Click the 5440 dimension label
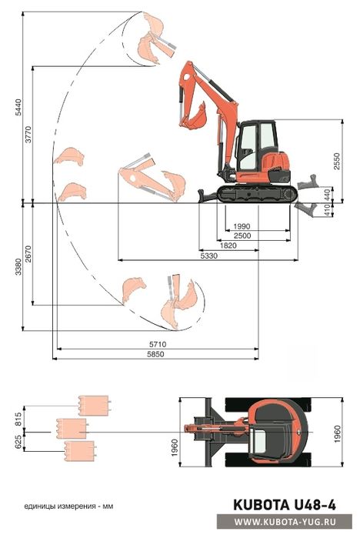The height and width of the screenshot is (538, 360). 18,108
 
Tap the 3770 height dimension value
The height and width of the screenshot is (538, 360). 28,135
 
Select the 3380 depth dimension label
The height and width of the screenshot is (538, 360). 18,266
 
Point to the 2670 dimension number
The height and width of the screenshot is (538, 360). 28,254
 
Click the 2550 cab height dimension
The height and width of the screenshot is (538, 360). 337,162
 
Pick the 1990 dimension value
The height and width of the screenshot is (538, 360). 242,226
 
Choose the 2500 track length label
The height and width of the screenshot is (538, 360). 242,236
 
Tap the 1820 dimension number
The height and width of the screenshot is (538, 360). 228,246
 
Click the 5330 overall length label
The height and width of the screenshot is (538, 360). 208,256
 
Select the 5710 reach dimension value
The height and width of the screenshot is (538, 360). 158,344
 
